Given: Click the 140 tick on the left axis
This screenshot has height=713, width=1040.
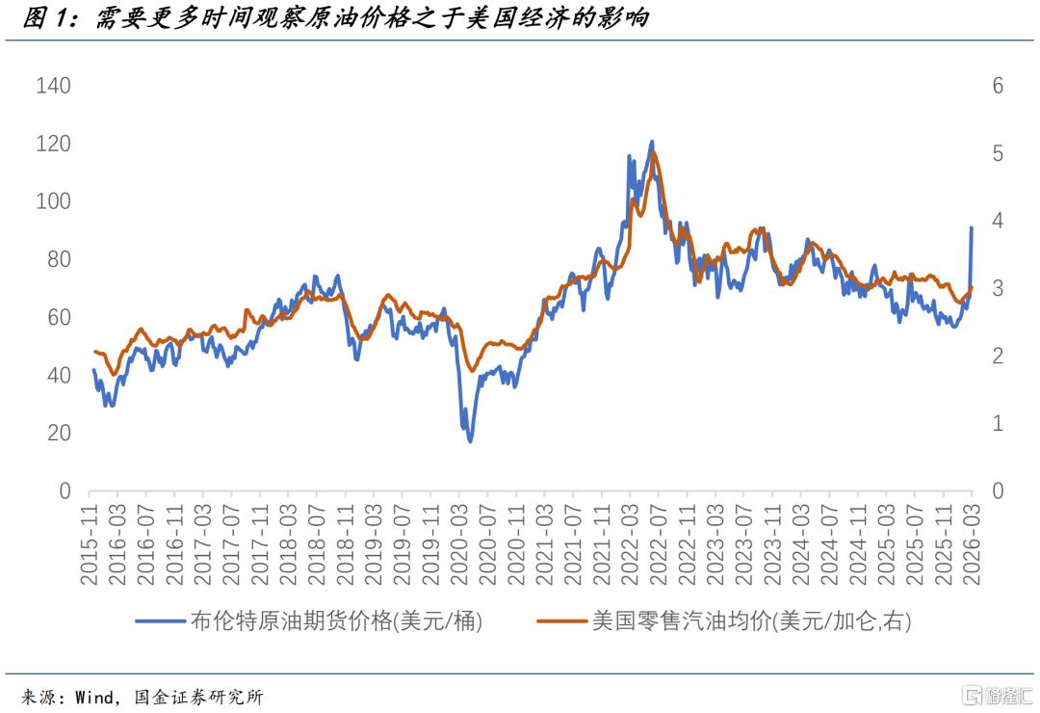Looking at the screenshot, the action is [x=54, y=86].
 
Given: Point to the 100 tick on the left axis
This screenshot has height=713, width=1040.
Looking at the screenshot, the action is [x=54, y=201].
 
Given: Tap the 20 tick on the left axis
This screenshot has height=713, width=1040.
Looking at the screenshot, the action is [x=59, y=433].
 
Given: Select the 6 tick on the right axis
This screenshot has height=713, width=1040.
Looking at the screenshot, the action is [x=998, y=86].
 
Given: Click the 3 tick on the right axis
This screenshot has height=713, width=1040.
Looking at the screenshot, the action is [x=998, y=289].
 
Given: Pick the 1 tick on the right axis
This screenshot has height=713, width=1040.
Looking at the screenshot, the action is [x=998, y=423].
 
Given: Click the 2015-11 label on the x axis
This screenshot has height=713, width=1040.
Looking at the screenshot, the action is [x=90, y=544].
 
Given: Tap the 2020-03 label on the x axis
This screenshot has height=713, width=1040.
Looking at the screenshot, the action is [x=459, y=544].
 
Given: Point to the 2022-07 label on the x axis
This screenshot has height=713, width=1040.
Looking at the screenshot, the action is [x=659, y=544].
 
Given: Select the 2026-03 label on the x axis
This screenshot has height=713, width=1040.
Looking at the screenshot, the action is [x=972, y=544].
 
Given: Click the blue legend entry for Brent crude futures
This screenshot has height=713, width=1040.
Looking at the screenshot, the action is [x=309, y=621].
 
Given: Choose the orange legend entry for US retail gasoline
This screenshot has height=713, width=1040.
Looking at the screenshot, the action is [x=724, y=621].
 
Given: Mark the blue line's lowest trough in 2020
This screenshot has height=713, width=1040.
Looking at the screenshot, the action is [x=470, y=441].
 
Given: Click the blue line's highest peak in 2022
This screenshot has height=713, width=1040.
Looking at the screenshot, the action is [x=652, y=142].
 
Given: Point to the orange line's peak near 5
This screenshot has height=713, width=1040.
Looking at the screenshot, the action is [x=654, y=152].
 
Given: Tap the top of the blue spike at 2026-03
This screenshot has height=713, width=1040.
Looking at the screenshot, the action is [x=972, y=227].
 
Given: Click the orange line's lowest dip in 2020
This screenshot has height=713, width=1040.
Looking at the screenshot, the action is [x=472, y=370].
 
